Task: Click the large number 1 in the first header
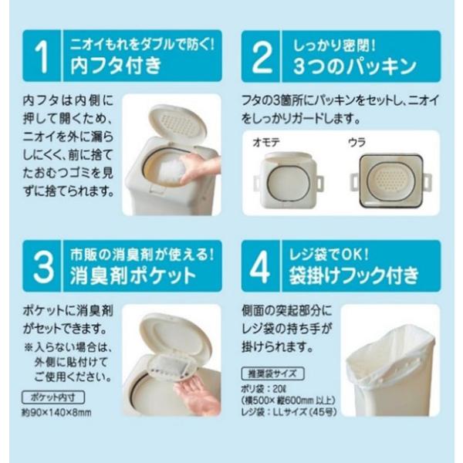[x=42, y=56]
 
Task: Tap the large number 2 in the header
[x=262, y=56]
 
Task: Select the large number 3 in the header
[x=43, y=267]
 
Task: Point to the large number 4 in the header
[x=260, y=267]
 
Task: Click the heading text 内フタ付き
[x=116, y=66]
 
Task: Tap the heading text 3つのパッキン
[x=354, y=66]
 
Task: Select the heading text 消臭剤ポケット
[x=133, y=275]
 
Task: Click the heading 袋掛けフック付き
[x=353, y=275]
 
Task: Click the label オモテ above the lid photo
[x=266, y=143]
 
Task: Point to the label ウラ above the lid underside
[x=357, y=143]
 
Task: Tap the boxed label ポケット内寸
[x=53, y=397]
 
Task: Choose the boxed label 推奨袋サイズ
[x=272, y=373]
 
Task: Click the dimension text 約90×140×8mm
[x=56, y=413]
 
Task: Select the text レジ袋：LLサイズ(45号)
[x=289, y=412]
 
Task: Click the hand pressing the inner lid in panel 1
[x=200, y=170]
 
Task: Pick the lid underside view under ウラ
[x=391, y=181]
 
